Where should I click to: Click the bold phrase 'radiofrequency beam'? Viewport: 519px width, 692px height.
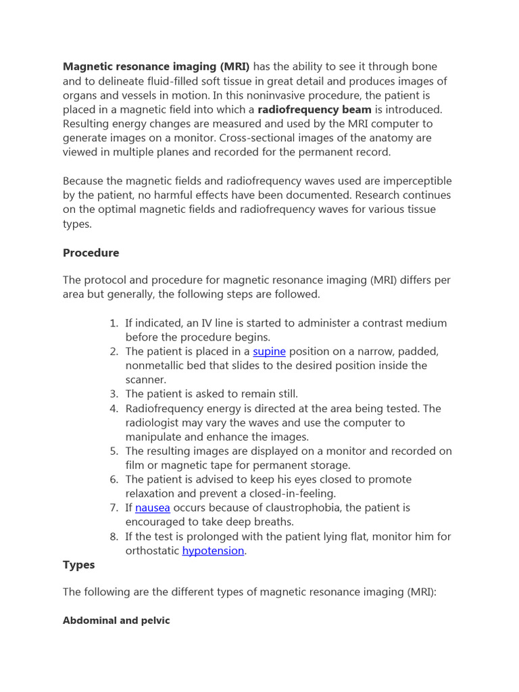pyautogui.click(x=314, y=109)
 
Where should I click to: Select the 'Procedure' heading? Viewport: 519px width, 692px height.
pyautogui.click(x=91, y=253)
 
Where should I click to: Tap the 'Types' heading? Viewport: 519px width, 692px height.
pyautogui.click(x=79, y=565)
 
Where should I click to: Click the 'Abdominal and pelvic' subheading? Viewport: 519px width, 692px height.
pyautogui.click(x=116, y=620)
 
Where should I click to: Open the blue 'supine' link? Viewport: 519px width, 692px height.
pyautogui.click(x=269, y=351)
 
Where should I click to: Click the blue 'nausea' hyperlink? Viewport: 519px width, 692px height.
pyautogui.click(x=152, y=508)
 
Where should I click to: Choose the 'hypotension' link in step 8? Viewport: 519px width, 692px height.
pyautogui.click(x=213, y=551)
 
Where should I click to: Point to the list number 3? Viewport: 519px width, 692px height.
pyautogui.click(x=114, y=394)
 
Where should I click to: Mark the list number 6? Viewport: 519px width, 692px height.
pyautogui.click(x=114, y=479)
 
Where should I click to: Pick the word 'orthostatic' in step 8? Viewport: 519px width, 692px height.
pyautogui.click(x=152, y=551)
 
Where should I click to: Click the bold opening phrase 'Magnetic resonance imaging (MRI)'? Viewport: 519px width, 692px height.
pyautogui.click(x=156, y=66)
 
